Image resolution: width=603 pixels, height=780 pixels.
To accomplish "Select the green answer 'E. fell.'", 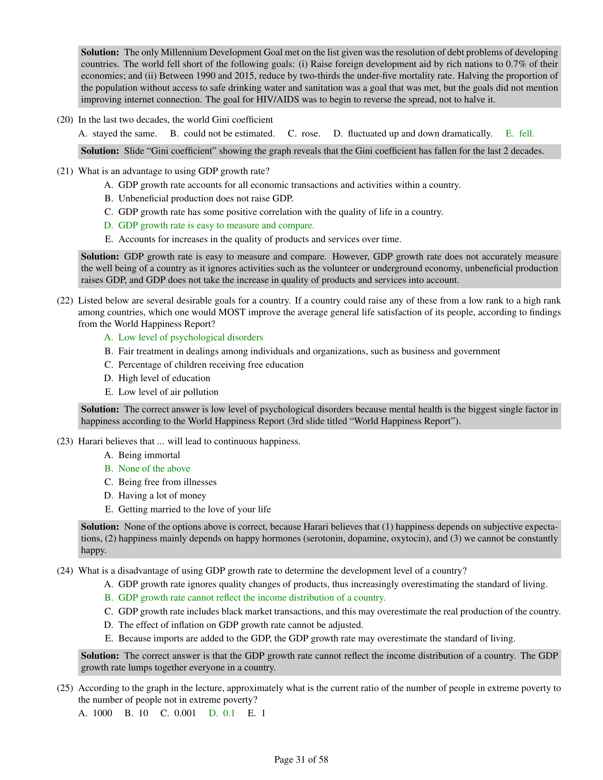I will (520, 134).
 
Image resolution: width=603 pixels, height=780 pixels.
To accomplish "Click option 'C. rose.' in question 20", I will (304, 134).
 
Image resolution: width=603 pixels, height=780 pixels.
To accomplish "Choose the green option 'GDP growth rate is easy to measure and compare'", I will (216, 225).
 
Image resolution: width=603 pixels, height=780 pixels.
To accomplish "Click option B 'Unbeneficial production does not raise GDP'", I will (205, 198).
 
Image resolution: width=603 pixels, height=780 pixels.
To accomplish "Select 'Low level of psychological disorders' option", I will (190, 338).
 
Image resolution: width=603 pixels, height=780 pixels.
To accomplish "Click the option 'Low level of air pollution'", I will (168, 392).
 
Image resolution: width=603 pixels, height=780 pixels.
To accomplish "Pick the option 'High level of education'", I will (164, 378).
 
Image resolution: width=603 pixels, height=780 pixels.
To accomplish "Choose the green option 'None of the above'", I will (154, 469).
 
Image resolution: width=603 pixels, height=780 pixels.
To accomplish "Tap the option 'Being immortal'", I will (149, 455).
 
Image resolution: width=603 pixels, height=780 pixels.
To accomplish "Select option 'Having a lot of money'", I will (162, 496).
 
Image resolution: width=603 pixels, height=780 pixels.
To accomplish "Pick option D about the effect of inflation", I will (240, 625).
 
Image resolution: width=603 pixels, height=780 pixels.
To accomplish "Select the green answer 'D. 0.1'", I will (222, 713).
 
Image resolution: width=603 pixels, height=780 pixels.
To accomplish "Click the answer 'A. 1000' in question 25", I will (95, 713).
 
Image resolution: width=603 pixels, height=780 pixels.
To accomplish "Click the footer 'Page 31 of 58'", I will (301, 760).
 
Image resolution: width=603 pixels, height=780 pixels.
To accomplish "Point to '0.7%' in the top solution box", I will (515, 64).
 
